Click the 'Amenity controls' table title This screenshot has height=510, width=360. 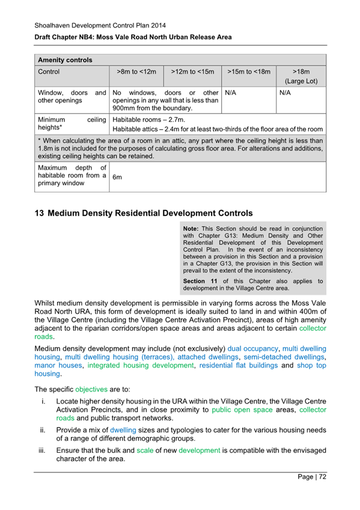65,60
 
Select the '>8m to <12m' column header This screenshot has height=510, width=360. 136,72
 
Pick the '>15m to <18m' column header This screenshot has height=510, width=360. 249,72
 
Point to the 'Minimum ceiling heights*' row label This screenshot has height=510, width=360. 72,124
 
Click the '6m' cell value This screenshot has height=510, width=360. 118,177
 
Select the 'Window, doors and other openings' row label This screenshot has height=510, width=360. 72,98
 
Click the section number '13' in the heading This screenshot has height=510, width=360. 40,213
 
